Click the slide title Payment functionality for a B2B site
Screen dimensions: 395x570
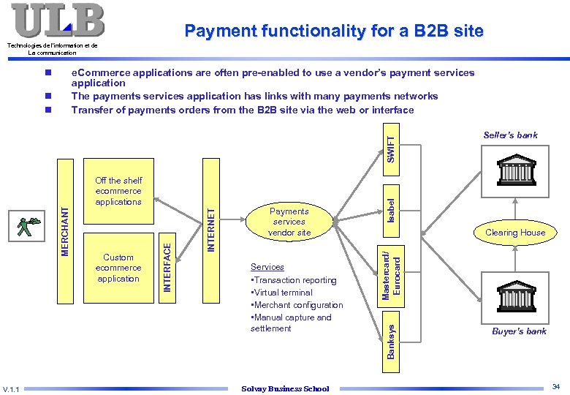click(x=334, y=31)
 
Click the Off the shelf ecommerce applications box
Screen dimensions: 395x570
click(x=118, y=191)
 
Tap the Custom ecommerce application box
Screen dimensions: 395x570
click(x=118, y=268)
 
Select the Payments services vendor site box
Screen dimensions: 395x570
click(x=289, y=222)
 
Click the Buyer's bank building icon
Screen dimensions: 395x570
click(x=514, y=294)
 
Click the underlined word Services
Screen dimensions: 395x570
click(x=267, y=267)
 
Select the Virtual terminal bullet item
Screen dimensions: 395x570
click(x=281, y=293)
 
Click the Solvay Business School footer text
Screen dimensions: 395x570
click(x=285, y=388)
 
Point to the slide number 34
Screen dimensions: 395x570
click(x=556, y=386)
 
